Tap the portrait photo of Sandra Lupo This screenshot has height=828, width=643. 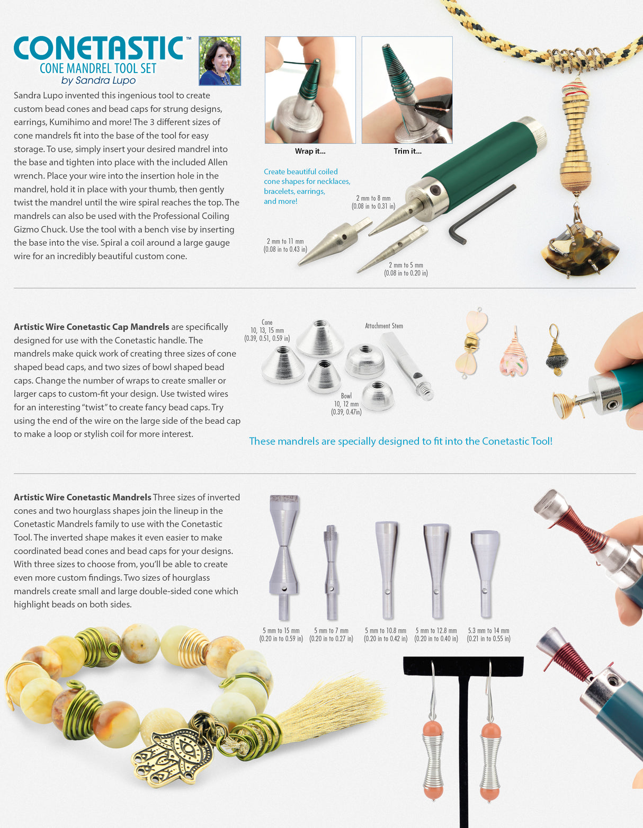point(220,60)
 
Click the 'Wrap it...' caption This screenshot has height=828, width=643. point(310,152)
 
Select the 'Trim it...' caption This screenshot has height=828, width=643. point(408,152)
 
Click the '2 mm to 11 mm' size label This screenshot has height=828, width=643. point(285,241)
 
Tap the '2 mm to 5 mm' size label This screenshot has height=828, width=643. point(406,265)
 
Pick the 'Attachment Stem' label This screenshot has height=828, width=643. point(384,326)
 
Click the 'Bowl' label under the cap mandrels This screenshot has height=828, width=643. point(346,396)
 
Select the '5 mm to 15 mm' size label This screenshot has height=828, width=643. point(281,631)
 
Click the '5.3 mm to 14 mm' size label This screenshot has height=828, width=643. point(489,631)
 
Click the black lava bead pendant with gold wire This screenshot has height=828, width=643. point(557,351)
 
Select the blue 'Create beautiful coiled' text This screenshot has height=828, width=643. point(301,172)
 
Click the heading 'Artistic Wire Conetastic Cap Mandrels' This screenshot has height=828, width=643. point(92,327)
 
